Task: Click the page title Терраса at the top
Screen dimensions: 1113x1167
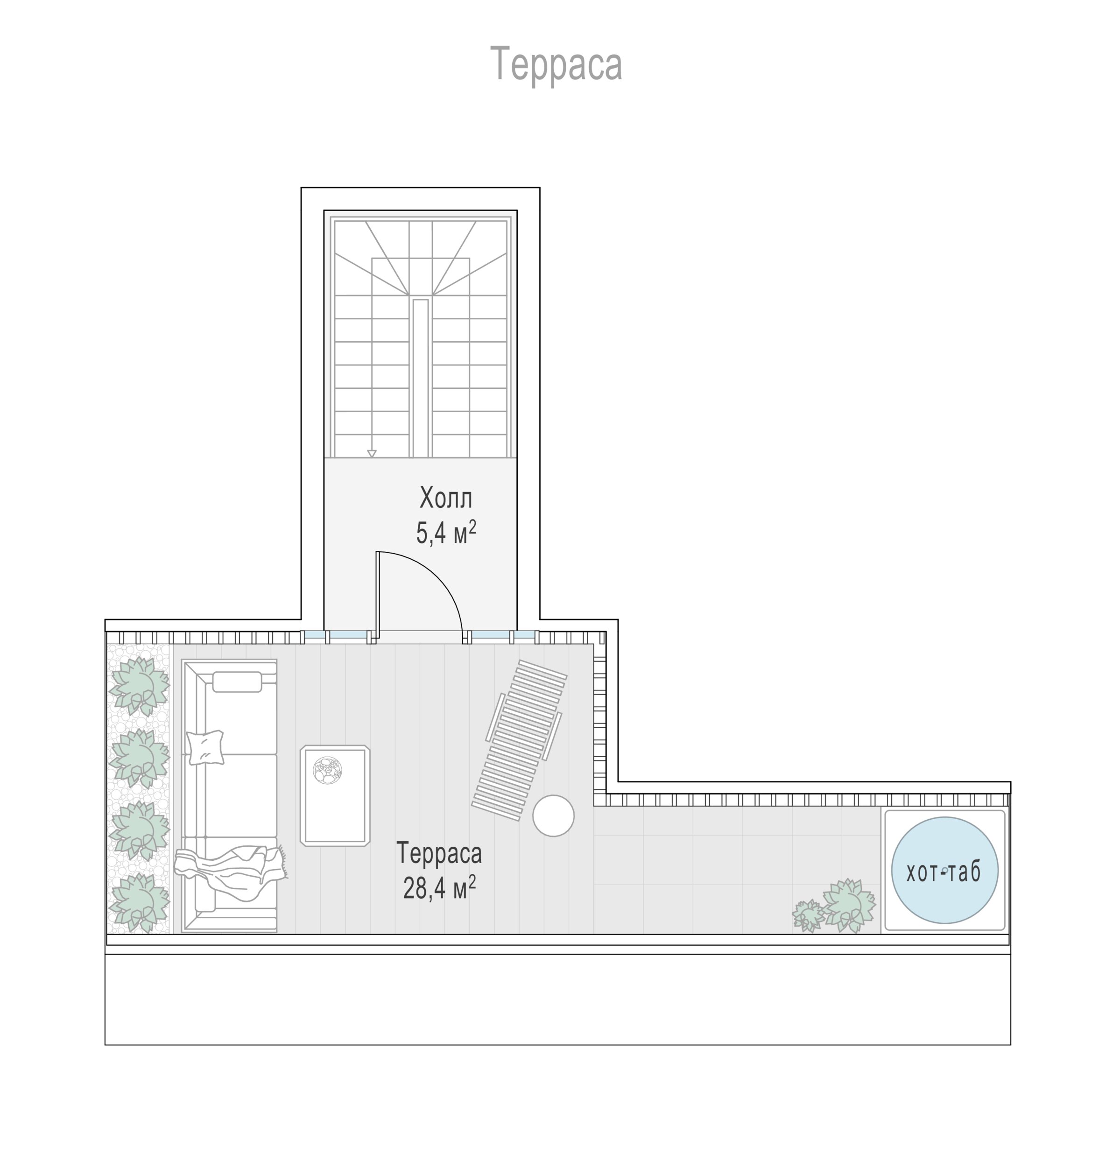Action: point(556,64)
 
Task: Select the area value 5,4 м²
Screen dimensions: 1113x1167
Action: point(446,533)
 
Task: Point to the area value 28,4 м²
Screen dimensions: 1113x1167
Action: point(440,889)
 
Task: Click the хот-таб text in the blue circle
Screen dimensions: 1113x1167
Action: point(944,872)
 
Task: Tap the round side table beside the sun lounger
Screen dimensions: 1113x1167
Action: point(553,816)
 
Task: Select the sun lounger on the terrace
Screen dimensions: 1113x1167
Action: point(520,740)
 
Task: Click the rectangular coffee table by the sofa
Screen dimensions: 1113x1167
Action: point(335,795)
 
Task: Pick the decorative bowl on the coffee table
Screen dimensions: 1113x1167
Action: point(327,771)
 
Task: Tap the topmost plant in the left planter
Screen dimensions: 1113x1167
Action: point(140,686)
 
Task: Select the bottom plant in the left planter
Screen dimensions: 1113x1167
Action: point(140,902)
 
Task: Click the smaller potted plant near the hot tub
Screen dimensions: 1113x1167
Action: point(808,915)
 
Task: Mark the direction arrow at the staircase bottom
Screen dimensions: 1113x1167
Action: point(372,454)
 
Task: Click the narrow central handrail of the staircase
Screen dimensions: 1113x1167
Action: point(421,379)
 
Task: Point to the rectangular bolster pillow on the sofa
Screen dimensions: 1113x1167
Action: point(237,682)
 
